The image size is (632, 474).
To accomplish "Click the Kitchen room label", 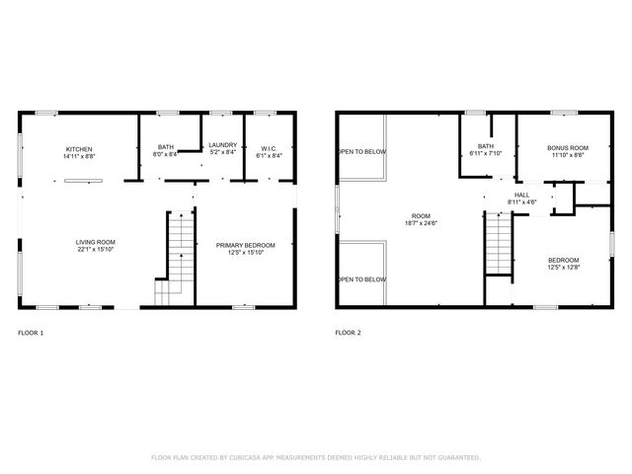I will [79, 149].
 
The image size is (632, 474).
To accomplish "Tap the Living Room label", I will [96, 243].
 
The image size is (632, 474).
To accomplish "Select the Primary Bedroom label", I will [245, 245].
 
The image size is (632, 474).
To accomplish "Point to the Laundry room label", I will [223, 146].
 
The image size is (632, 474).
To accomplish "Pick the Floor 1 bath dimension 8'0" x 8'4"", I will [166, 155].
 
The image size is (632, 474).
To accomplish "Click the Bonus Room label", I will [568, 148].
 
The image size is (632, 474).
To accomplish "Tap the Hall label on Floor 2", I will [521, 195].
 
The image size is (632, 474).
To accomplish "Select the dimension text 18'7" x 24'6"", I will [421, 223].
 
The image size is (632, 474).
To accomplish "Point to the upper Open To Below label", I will [362, 151].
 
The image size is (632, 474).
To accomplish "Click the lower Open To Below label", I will [362, 279].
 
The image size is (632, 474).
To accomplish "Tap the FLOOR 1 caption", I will [31, 333].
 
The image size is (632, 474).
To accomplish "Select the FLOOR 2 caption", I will [348, 333].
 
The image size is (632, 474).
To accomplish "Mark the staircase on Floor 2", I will [500, 242].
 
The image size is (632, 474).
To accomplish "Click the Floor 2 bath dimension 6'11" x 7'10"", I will [485, 153].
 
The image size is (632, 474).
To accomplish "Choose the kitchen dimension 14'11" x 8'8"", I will [79, 156].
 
